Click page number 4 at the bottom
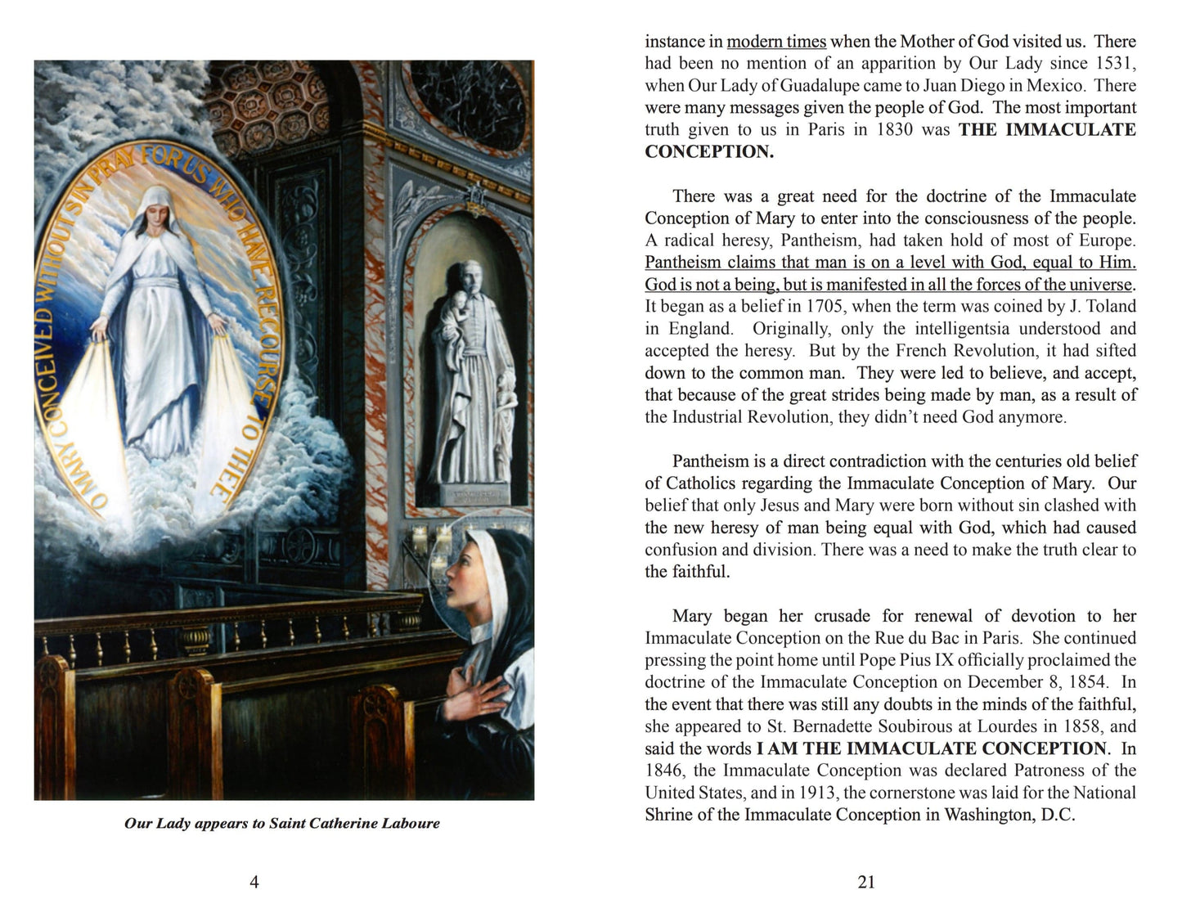254,882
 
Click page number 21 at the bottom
866,882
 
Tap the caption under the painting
282,823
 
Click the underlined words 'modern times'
776,41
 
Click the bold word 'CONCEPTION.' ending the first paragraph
708,151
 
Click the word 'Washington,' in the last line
991,815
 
